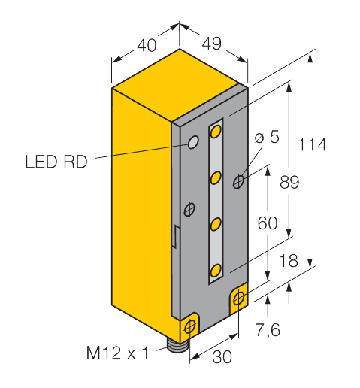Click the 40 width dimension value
[x=147, y=45]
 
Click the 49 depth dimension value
[x=212, y=44]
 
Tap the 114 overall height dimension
[x=312, y=144]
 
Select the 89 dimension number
[x=289, y=182]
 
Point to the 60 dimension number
[x=268, y=223]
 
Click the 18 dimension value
[x=289, y=260]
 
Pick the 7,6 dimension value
[x=268, y=330]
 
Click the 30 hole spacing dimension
[x=222, y=356]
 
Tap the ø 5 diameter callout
[x=267, y=137]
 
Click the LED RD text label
[x=56, y=162]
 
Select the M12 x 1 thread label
[x=117, y=353]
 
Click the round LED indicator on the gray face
[x=193, y=142]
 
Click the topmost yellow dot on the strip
[x=216, y=132]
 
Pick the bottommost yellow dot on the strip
[x=216, y=271]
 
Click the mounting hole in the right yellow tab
[x=239, y=298]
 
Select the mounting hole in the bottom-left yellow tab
[x=190, y=327]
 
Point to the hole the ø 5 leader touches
[x=238, y=182]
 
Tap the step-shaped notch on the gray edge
[x=176, y=237]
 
